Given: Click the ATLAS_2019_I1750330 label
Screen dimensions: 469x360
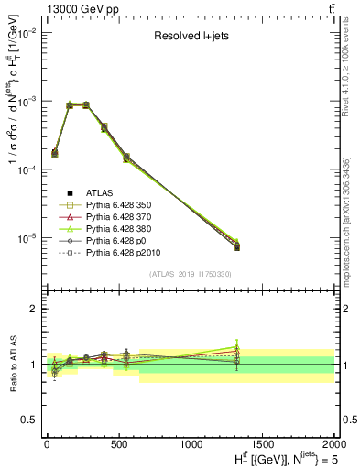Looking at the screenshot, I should pos(190,274).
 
